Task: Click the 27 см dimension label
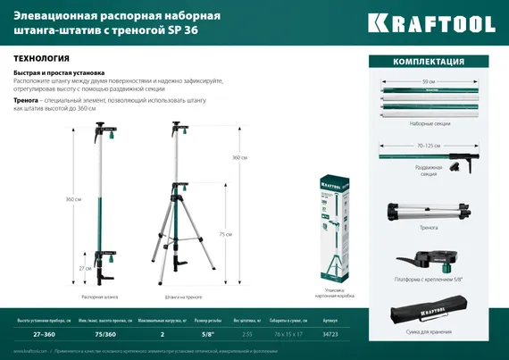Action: coord(83,268)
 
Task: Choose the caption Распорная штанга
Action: coord(99,296)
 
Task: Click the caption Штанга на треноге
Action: coord(183,296)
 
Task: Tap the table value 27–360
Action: coord(31,333)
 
